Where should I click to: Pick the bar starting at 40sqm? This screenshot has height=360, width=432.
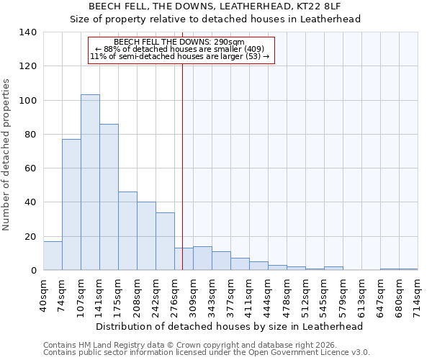tap(53, 256)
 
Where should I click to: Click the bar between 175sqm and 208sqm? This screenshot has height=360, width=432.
tap(127, 230)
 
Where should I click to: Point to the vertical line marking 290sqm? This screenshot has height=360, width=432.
tap(182, 166)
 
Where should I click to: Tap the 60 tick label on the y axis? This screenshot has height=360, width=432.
tap(30, 168)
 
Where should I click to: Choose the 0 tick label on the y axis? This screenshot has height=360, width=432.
tap(33, 271)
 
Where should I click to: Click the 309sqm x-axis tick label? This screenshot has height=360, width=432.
tap(193, 296)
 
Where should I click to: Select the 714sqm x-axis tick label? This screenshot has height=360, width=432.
tap(418, 296)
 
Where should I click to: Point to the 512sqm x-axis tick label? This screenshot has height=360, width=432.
tap(305, 296)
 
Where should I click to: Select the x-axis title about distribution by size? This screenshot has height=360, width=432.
tap(230, 326)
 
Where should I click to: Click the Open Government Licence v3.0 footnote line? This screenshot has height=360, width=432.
tap(207, 353)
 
